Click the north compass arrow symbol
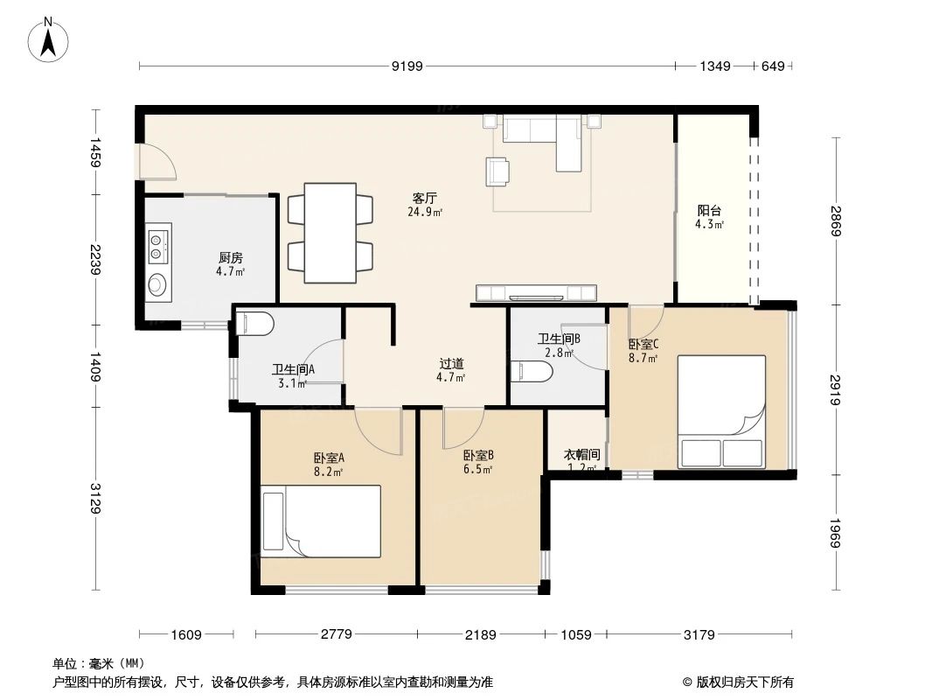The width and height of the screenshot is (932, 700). [49, 40]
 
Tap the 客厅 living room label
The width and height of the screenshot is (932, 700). [424, 198]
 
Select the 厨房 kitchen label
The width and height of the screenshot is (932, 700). [230, 258]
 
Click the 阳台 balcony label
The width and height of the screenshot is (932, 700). [709, 211]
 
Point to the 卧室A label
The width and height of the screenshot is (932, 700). [328, 458]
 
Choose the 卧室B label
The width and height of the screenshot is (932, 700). [478, 455]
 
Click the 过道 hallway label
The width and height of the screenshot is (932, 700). [450, 364]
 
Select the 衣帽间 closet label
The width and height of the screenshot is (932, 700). [581, 455]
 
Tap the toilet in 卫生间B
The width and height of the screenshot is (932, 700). [532, 372]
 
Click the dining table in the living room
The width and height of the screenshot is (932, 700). [330, 233]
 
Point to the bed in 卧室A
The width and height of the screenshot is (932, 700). [321, 521]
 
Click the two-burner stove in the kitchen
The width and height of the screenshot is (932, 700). [158, 245]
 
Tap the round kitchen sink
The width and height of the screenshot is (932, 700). [158, 284]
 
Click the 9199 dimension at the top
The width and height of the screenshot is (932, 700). [407, 66]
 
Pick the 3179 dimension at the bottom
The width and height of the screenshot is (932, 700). [700, 634]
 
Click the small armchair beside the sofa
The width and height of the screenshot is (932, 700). [497, 171]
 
